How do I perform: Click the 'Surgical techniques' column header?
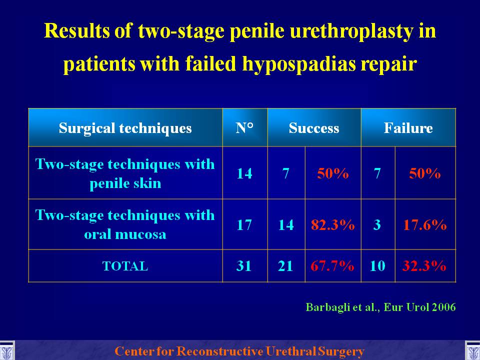[125, 128]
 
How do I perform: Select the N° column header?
[244, 128]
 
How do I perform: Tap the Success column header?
[314, 128]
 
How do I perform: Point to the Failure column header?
[408, 128]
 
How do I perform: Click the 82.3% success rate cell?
[333, 225]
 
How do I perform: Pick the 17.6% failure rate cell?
[425, 225]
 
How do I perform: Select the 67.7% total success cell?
[332, 265]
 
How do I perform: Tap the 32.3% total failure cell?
[424, 265]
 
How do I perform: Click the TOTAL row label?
[125, 266]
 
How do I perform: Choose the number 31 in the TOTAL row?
[244, 265]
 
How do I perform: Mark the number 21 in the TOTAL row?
[285, 265]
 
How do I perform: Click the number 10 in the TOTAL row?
[377, 265]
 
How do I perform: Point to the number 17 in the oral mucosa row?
[244, 225]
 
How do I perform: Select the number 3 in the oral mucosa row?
[377, 225]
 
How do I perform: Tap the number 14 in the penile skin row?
[244, 173]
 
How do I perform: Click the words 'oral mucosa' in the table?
[125, 234]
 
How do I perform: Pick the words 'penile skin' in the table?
[125, 183]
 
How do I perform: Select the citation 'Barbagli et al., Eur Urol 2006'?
[381, 307]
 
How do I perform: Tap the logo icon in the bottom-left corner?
[6, 351]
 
